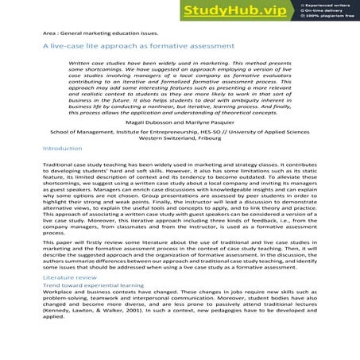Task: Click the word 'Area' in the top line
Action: tap(51, 33)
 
